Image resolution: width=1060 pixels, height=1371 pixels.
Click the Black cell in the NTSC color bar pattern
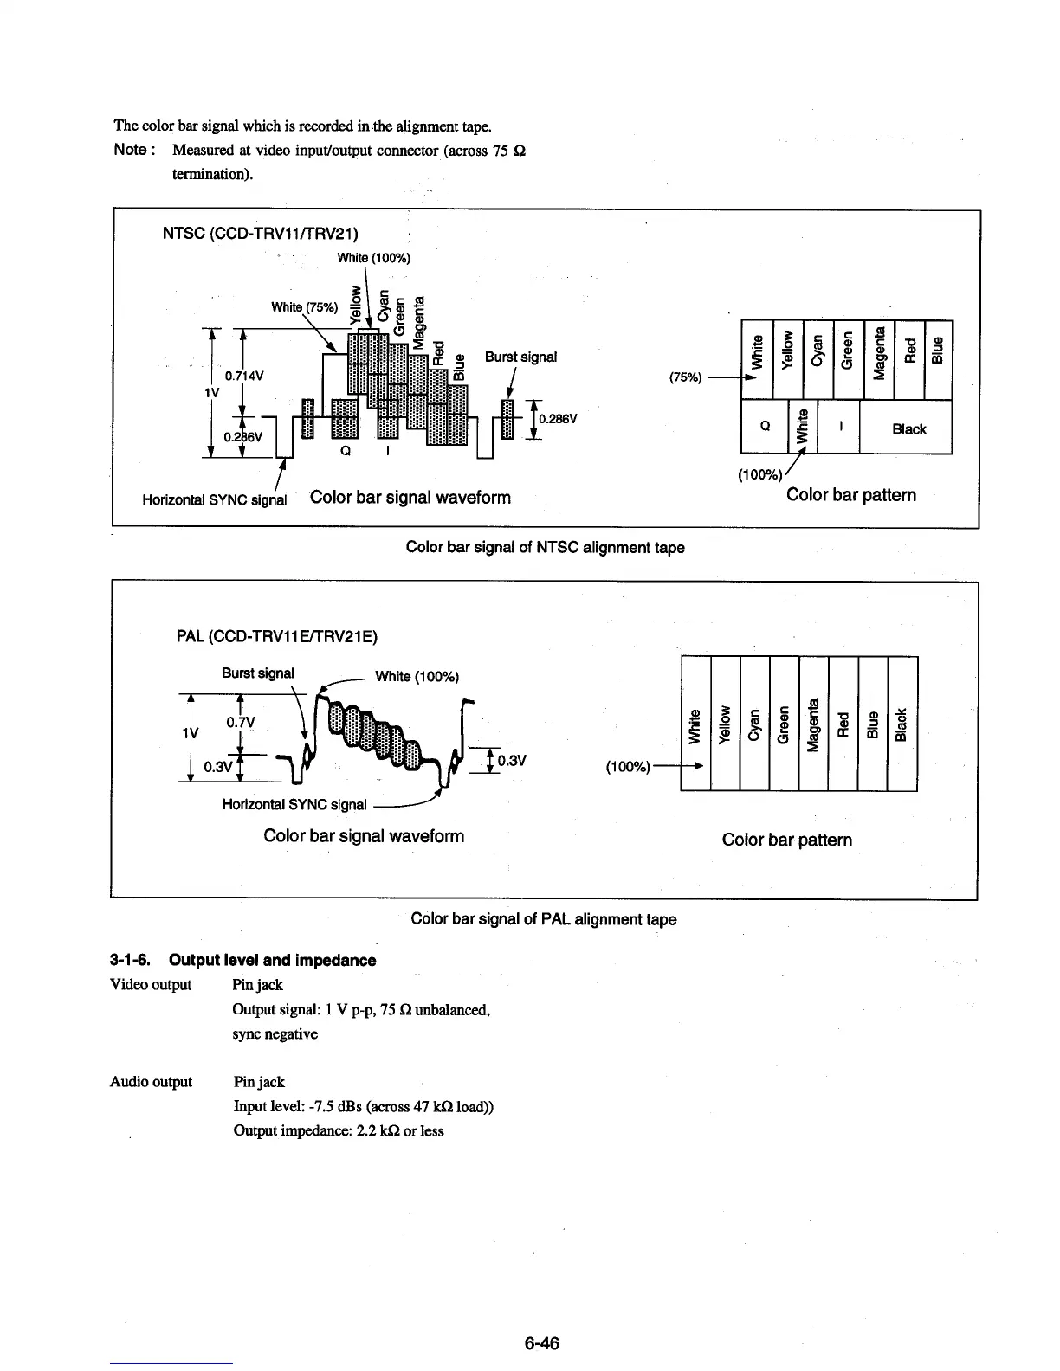(x=908, y=428)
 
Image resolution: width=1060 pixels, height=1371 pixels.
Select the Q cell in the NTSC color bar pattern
(x=765, y=427)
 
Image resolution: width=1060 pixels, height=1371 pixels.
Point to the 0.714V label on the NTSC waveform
(x=244, y=377)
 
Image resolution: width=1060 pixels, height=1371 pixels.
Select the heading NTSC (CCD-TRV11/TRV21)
(x=261, y=234)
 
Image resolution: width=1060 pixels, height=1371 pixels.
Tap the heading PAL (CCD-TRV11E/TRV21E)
(x=276, y=637)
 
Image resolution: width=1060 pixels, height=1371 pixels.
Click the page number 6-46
(x=541, y=1343)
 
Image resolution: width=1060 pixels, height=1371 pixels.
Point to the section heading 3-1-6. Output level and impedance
(x=243, y=960)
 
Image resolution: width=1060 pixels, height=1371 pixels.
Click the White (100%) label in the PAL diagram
(x=417, y=676)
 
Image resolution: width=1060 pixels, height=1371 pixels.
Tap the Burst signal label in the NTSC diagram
(x=520, y=357)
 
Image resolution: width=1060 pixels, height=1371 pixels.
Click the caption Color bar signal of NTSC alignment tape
(x=545, y=547)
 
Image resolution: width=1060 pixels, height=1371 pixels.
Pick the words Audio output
(x=152, y=1082)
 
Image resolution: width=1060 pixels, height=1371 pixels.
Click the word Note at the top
(x=131, y=150)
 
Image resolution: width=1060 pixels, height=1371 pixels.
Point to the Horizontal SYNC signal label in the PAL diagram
(x=294, y=804)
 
